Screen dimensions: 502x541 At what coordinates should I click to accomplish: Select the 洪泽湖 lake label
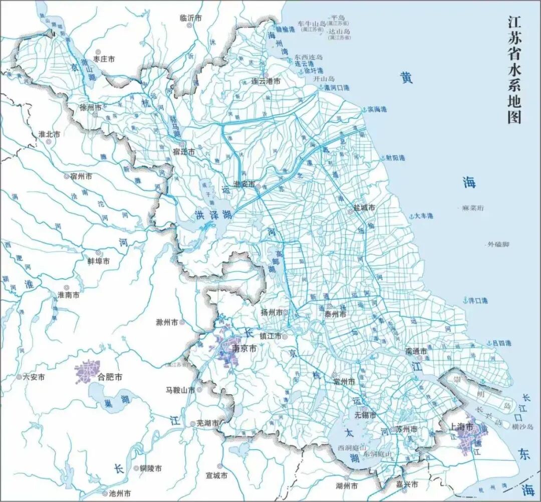(213, 215)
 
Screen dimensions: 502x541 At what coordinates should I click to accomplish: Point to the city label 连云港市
(265, 81)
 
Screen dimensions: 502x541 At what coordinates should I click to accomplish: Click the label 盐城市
(364, 207)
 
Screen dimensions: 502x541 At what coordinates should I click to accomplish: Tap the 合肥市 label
(110, 376)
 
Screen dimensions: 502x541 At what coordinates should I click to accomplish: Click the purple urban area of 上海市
(471, 434)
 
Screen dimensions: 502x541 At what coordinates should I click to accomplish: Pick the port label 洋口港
(478, 300)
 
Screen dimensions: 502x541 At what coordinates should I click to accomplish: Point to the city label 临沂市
(190, 18)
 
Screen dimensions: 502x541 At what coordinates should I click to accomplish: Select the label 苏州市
(406, 429)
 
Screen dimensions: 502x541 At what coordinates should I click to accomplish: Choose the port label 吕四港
(501, 343)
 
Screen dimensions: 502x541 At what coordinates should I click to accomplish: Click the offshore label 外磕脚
(498, 244)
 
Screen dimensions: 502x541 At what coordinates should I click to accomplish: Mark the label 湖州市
(347, 486)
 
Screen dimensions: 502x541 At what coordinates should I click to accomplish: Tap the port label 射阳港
(395, 157)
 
